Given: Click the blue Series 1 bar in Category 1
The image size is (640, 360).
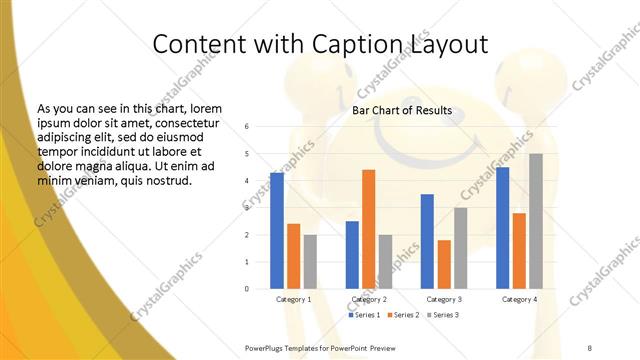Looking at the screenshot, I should click(277, 231).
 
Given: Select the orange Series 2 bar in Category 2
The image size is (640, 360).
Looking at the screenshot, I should click(368, 229).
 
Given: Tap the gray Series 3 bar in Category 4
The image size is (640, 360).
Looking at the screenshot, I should click(536, 221).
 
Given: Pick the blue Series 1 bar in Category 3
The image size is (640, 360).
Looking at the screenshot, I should click(427, 241).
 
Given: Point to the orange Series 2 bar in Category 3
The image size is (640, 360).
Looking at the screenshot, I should click(444, 264).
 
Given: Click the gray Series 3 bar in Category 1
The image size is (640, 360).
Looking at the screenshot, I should click(310, 261).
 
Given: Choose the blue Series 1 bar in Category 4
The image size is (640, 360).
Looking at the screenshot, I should click(502, 228).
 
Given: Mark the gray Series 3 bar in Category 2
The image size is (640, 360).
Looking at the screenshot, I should click(385, 261).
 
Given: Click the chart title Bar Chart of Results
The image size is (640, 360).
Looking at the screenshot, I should click(402, 110).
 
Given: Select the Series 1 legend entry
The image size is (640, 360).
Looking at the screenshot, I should click(366, 315).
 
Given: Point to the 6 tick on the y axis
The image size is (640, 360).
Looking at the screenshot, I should click(247, 127).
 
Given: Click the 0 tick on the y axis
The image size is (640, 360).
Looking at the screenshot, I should click(247, 289).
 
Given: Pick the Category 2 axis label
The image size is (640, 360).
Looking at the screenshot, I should click(369, 299).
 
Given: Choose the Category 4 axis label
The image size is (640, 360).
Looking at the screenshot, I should click(519, 299).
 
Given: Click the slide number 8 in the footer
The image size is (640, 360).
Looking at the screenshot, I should click(590, 346).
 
